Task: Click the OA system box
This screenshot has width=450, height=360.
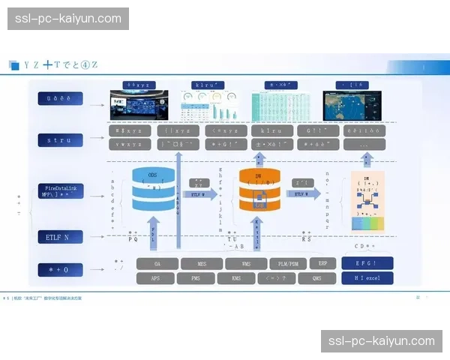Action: [x=157, y=264]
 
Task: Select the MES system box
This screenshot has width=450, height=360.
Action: [x=202, y=264]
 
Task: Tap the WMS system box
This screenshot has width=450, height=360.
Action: [x=246, y=264]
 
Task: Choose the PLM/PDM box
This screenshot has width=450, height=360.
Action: [x=289, y=264]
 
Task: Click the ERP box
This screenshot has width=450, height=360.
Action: [x=322, y=264]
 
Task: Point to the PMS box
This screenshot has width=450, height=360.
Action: [x=196, y=278]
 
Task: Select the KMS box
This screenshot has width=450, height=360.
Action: [x=235, y=278]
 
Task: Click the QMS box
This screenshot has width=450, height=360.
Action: [x=316, y=278]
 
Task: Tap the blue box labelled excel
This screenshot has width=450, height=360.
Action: [x=367, y=278]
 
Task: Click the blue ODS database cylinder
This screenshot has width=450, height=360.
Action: [x=153, y=189]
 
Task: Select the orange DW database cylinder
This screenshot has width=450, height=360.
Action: [x=259, y=190]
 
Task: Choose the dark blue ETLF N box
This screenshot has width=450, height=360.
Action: [x=60, y=237]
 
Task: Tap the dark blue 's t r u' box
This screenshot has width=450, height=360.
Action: [x=60, y=139]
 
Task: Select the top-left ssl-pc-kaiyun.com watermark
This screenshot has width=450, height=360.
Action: [x=69, y=18]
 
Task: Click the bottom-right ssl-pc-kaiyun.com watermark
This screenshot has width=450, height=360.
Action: [x=382, y=341]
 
